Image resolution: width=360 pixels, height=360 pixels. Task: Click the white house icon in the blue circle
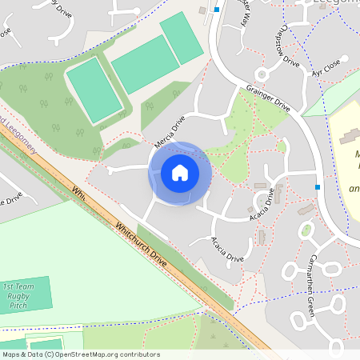click(179, 173)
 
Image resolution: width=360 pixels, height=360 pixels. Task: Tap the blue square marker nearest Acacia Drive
click(318, 187)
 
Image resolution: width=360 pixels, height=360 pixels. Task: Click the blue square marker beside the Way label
click(216, 10)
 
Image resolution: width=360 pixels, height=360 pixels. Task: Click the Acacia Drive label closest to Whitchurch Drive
click(227, 249)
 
